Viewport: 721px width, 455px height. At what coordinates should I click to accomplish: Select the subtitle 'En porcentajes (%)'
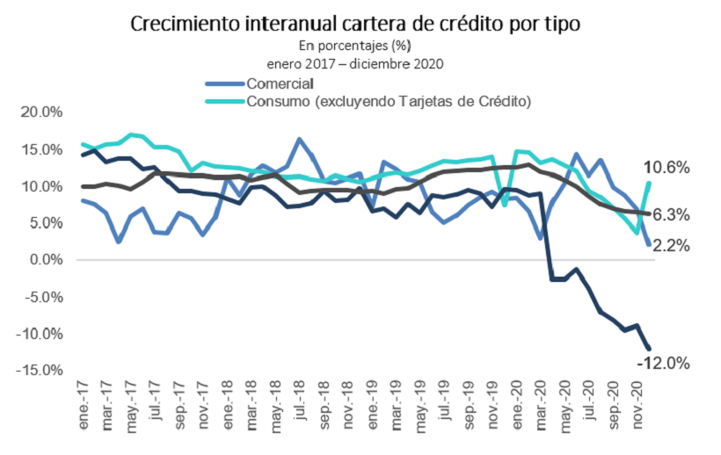pos(355,45)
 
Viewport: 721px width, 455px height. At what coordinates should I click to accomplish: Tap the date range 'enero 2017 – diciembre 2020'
pos(355,63)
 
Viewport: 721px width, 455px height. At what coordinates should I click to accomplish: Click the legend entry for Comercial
pos(280,84)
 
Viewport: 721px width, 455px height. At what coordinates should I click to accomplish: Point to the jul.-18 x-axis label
pos(299,400)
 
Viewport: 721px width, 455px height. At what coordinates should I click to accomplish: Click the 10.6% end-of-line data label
pos(666,168)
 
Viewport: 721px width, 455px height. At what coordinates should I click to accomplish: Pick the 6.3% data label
pos(670,214)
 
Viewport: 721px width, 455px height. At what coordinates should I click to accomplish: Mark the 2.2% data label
pos(670,246)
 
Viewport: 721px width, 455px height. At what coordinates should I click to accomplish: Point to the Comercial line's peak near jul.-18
pos(300,139)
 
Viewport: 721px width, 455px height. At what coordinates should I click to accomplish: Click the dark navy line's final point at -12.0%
pos(649,348)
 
